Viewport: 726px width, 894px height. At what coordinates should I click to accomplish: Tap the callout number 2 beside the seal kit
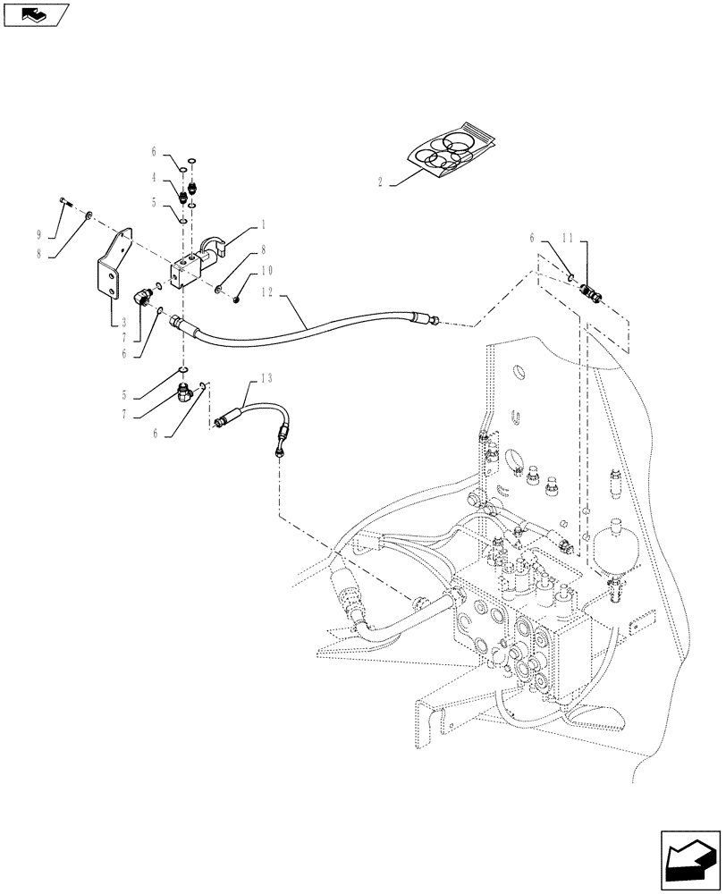[380, 181]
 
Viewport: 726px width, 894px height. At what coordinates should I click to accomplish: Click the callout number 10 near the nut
[266, 271]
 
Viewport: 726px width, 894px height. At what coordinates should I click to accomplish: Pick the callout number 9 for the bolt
[38, 235]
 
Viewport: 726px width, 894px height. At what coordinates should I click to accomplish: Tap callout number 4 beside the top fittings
[154, 177]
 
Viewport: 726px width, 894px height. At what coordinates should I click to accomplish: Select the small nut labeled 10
[235, 299]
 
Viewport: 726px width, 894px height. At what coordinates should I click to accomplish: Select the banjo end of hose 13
[281, 451]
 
